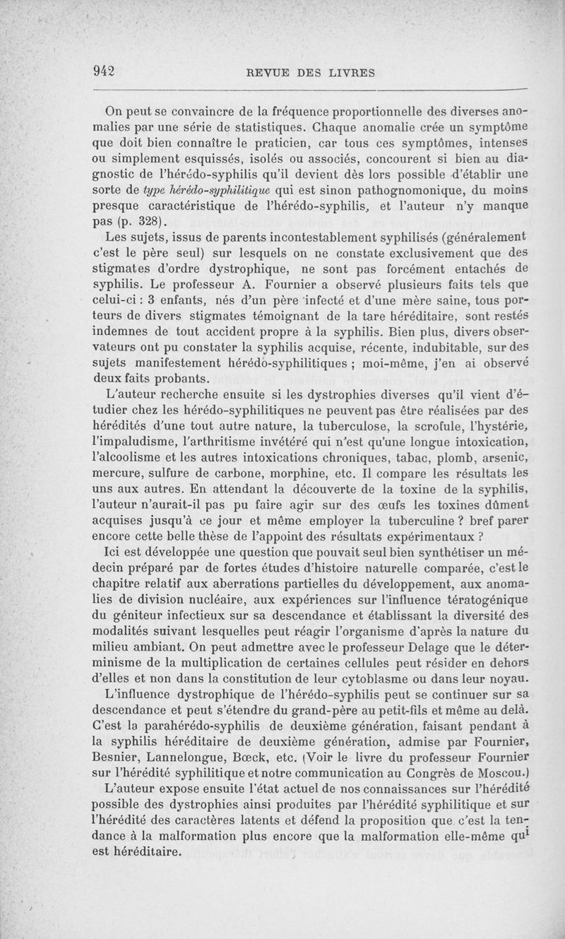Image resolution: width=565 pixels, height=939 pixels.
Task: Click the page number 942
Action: (104, 71)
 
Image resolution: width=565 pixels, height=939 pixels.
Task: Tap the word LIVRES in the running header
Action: (347, 71)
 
